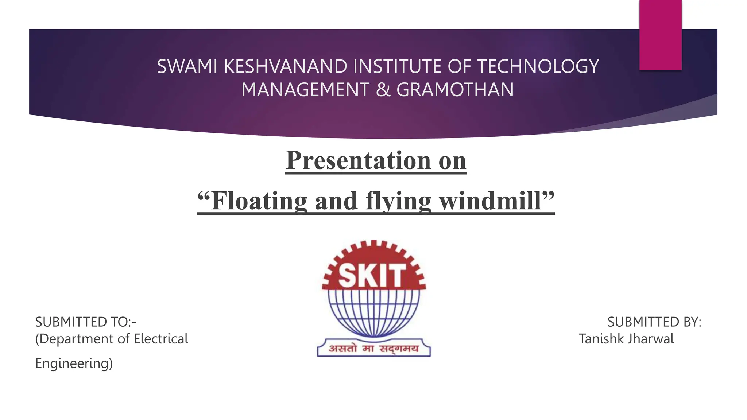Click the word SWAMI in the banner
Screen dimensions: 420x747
coord(187,67)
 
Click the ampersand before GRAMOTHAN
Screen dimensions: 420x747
coord(383,90)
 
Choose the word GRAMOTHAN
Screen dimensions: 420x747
coord(455,90)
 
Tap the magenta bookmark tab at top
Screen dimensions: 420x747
coord(660,35)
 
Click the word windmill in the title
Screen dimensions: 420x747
coord(491,201)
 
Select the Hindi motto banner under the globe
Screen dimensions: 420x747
coord(374,348)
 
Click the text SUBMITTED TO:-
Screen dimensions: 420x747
coord(86,322)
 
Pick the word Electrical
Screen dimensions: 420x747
coord(161,339)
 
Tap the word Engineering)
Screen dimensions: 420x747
coord(74,363)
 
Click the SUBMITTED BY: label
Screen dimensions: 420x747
coord(654,322)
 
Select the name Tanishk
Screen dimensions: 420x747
coord(601,339)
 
